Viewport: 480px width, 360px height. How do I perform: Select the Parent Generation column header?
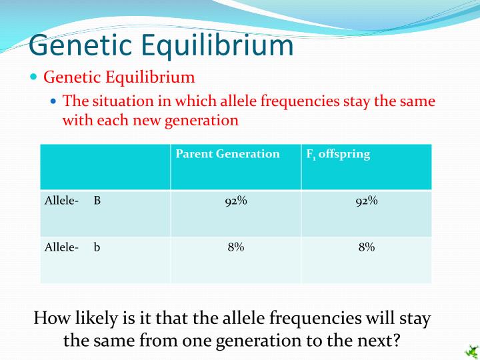pos(227,154)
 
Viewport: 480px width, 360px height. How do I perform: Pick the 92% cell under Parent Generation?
pos(235,201)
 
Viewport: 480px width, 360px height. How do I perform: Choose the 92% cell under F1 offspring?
pos(366,201)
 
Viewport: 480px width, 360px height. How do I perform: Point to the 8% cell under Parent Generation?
pos(235,247)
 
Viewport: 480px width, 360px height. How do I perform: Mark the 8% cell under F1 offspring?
pos(366,247)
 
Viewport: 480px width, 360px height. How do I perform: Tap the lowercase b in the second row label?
pos(97,247)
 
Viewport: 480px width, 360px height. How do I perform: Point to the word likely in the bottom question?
pos(95,319)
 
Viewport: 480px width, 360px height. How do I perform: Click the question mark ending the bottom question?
pos(397,341)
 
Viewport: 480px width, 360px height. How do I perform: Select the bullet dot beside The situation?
pos(55,101)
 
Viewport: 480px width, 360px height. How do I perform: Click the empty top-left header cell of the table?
pos(105,167)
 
